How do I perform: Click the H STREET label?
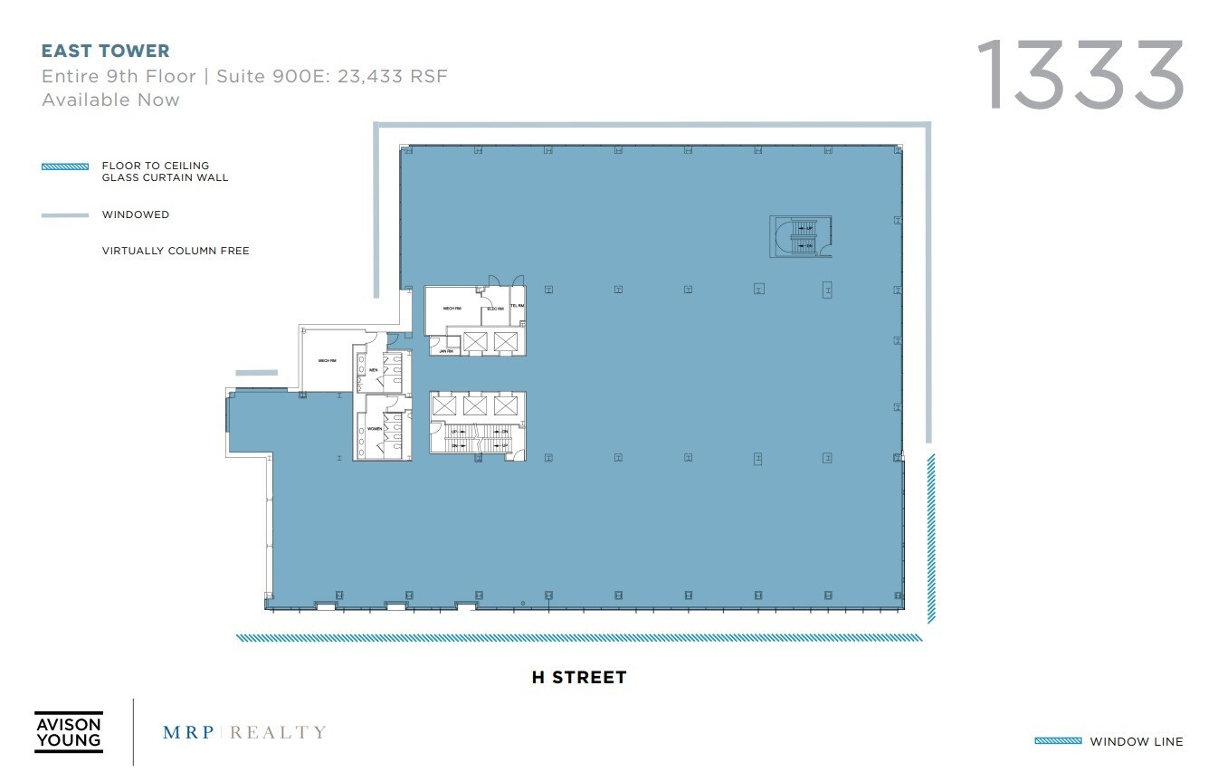[579, 677]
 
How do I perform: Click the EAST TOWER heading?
[106, 51]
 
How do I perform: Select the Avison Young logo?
[68, 732]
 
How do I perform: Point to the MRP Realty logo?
[244, 732]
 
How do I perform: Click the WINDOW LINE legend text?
[1136, 742]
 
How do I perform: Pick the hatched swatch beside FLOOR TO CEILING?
[65, 167]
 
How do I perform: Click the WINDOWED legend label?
[136, 215]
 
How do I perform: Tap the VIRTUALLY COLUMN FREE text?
[176, 251]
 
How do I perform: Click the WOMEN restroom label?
[373, 428]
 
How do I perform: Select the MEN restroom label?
[373, 370]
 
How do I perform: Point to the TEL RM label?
[518, 307]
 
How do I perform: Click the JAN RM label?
[444, 350]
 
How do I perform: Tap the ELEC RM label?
[494, 309]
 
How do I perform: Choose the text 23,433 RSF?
[393, 76]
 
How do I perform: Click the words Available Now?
[110, 100]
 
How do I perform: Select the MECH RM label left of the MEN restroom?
[327, 361]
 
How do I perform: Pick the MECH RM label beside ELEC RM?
[453, 309]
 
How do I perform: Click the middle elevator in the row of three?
[475, 405]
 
